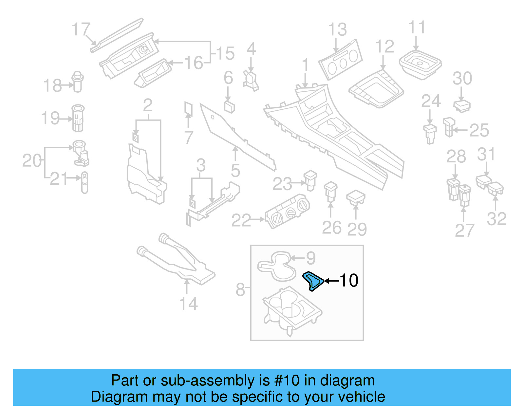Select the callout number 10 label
pos(349,281)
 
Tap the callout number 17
pos(81,29)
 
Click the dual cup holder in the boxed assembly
pos(291,309)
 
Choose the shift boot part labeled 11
pos(420,64)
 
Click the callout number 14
pos(189,304)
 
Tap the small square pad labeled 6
pos(229,106)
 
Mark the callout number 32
pos(496,219)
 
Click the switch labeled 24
pos(430,133)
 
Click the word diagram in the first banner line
pos(347,381)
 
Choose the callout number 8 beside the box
pos(240,289)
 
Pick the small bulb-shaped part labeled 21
pos(84,182)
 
